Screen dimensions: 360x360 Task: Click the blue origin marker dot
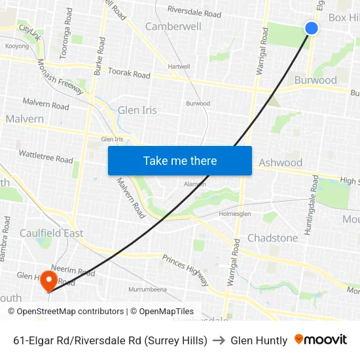312,27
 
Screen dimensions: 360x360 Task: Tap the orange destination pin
48,281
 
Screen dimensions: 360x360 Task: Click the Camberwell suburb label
173,27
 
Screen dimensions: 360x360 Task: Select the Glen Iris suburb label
137,110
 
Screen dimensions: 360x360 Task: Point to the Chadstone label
272,238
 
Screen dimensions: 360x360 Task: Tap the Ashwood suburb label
281,162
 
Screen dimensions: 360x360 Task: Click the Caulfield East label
51,233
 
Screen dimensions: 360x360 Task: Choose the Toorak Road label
129,73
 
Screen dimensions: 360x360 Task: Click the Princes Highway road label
186,270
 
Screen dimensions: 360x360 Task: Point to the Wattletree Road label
45,156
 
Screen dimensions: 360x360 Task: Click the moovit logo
321,340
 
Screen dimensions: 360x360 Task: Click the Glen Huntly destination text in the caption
259,340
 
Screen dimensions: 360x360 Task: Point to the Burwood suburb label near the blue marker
315,80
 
